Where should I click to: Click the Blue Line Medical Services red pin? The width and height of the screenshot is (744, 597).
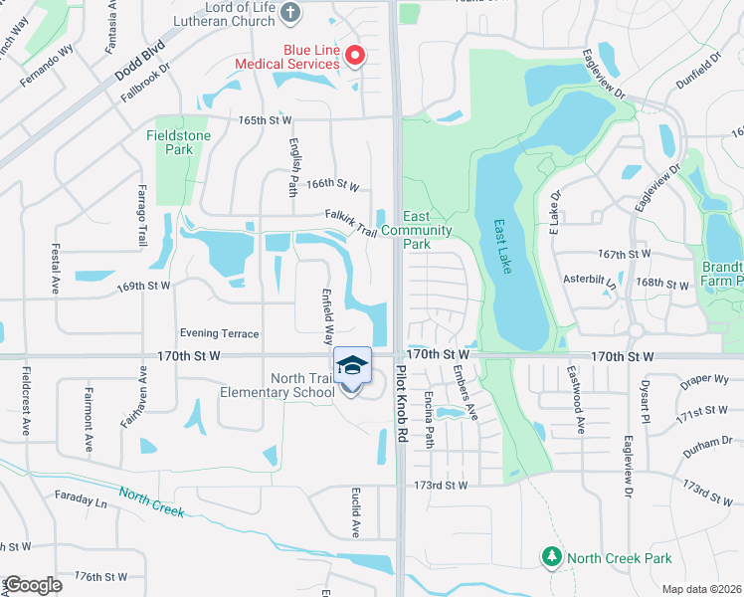pos(353,57)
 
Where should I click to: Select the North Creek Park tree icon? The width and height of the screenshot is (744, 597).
pos(551,557)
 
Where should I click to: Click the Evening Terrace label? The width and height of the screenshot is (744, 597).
pos(219,333)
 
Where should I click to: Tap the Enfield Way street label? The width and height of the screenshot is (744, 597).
pos(325,312)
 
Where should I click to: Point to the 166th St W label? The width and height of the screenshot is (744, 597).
pos(332,184)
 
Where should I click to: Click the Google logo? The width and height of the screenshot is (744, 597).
pos(33,585)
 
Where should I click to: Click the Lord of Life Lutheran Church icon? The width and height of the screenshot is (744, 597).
pos(289,12)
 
